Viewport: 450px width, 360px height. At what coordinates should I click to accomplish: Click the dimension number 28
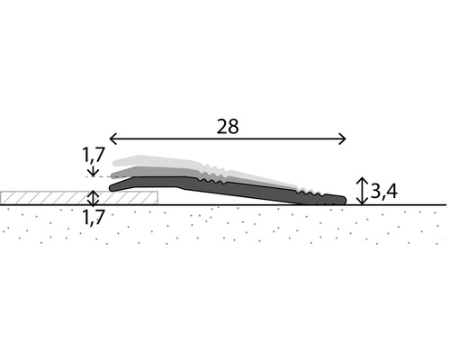point(228,126)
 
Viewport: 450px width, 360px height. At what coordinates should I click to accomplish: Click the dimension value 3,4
point(385,191)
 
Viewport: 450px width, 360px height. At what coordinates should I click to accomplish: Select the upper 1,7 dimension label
point(93,155)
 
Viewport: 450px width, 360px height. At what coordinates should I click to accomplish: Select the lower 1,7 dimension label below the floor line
point(93,217)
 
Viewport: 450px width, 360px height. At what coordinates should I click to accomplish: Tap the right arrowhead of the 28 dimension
point(343,138)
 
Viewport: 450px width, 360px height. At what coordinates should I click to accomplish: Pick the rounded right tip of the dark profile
point(343,199)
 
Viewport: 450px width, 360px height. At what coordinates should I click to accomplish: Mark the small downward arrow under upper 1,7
point(91,173)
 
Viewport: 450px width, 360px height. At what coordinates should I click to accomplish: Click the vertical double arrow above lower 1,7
point(91,197)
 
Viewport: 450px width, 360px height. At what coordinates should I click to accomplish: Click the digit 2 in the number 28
point(221,126)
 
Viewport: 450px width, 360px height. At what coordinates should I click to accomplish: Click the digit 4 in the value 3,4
point(392,191)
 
